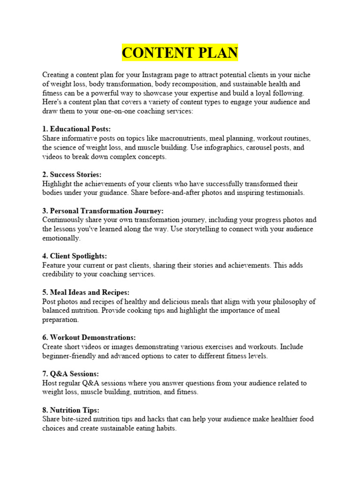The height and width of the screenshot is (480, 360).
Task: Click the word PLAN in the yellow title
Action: click(213, 52)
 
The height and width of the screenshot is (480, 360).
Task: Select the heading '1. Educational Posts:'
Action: click(77, 129)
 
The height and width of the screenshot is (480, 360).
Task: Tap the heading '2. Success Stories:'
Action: click(72, 174)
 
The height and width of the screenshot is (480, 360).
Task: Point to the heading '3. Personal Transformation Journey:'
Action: click(103, 210)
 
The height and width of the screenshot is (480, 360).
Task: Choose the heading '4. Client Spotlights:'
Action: click(75, 256)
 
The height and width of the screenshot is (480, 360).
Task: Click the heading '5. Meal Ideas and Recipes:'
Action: click(86, 292)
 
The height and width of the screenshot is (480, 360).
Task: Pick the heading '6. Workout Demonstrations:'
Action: click(89, 337)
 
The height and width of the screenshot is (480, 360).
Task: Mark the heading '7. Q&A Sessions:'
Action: click(70, 374)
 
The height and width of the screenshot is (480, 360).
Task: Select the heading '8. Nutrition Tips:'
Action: click(71, 410)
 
